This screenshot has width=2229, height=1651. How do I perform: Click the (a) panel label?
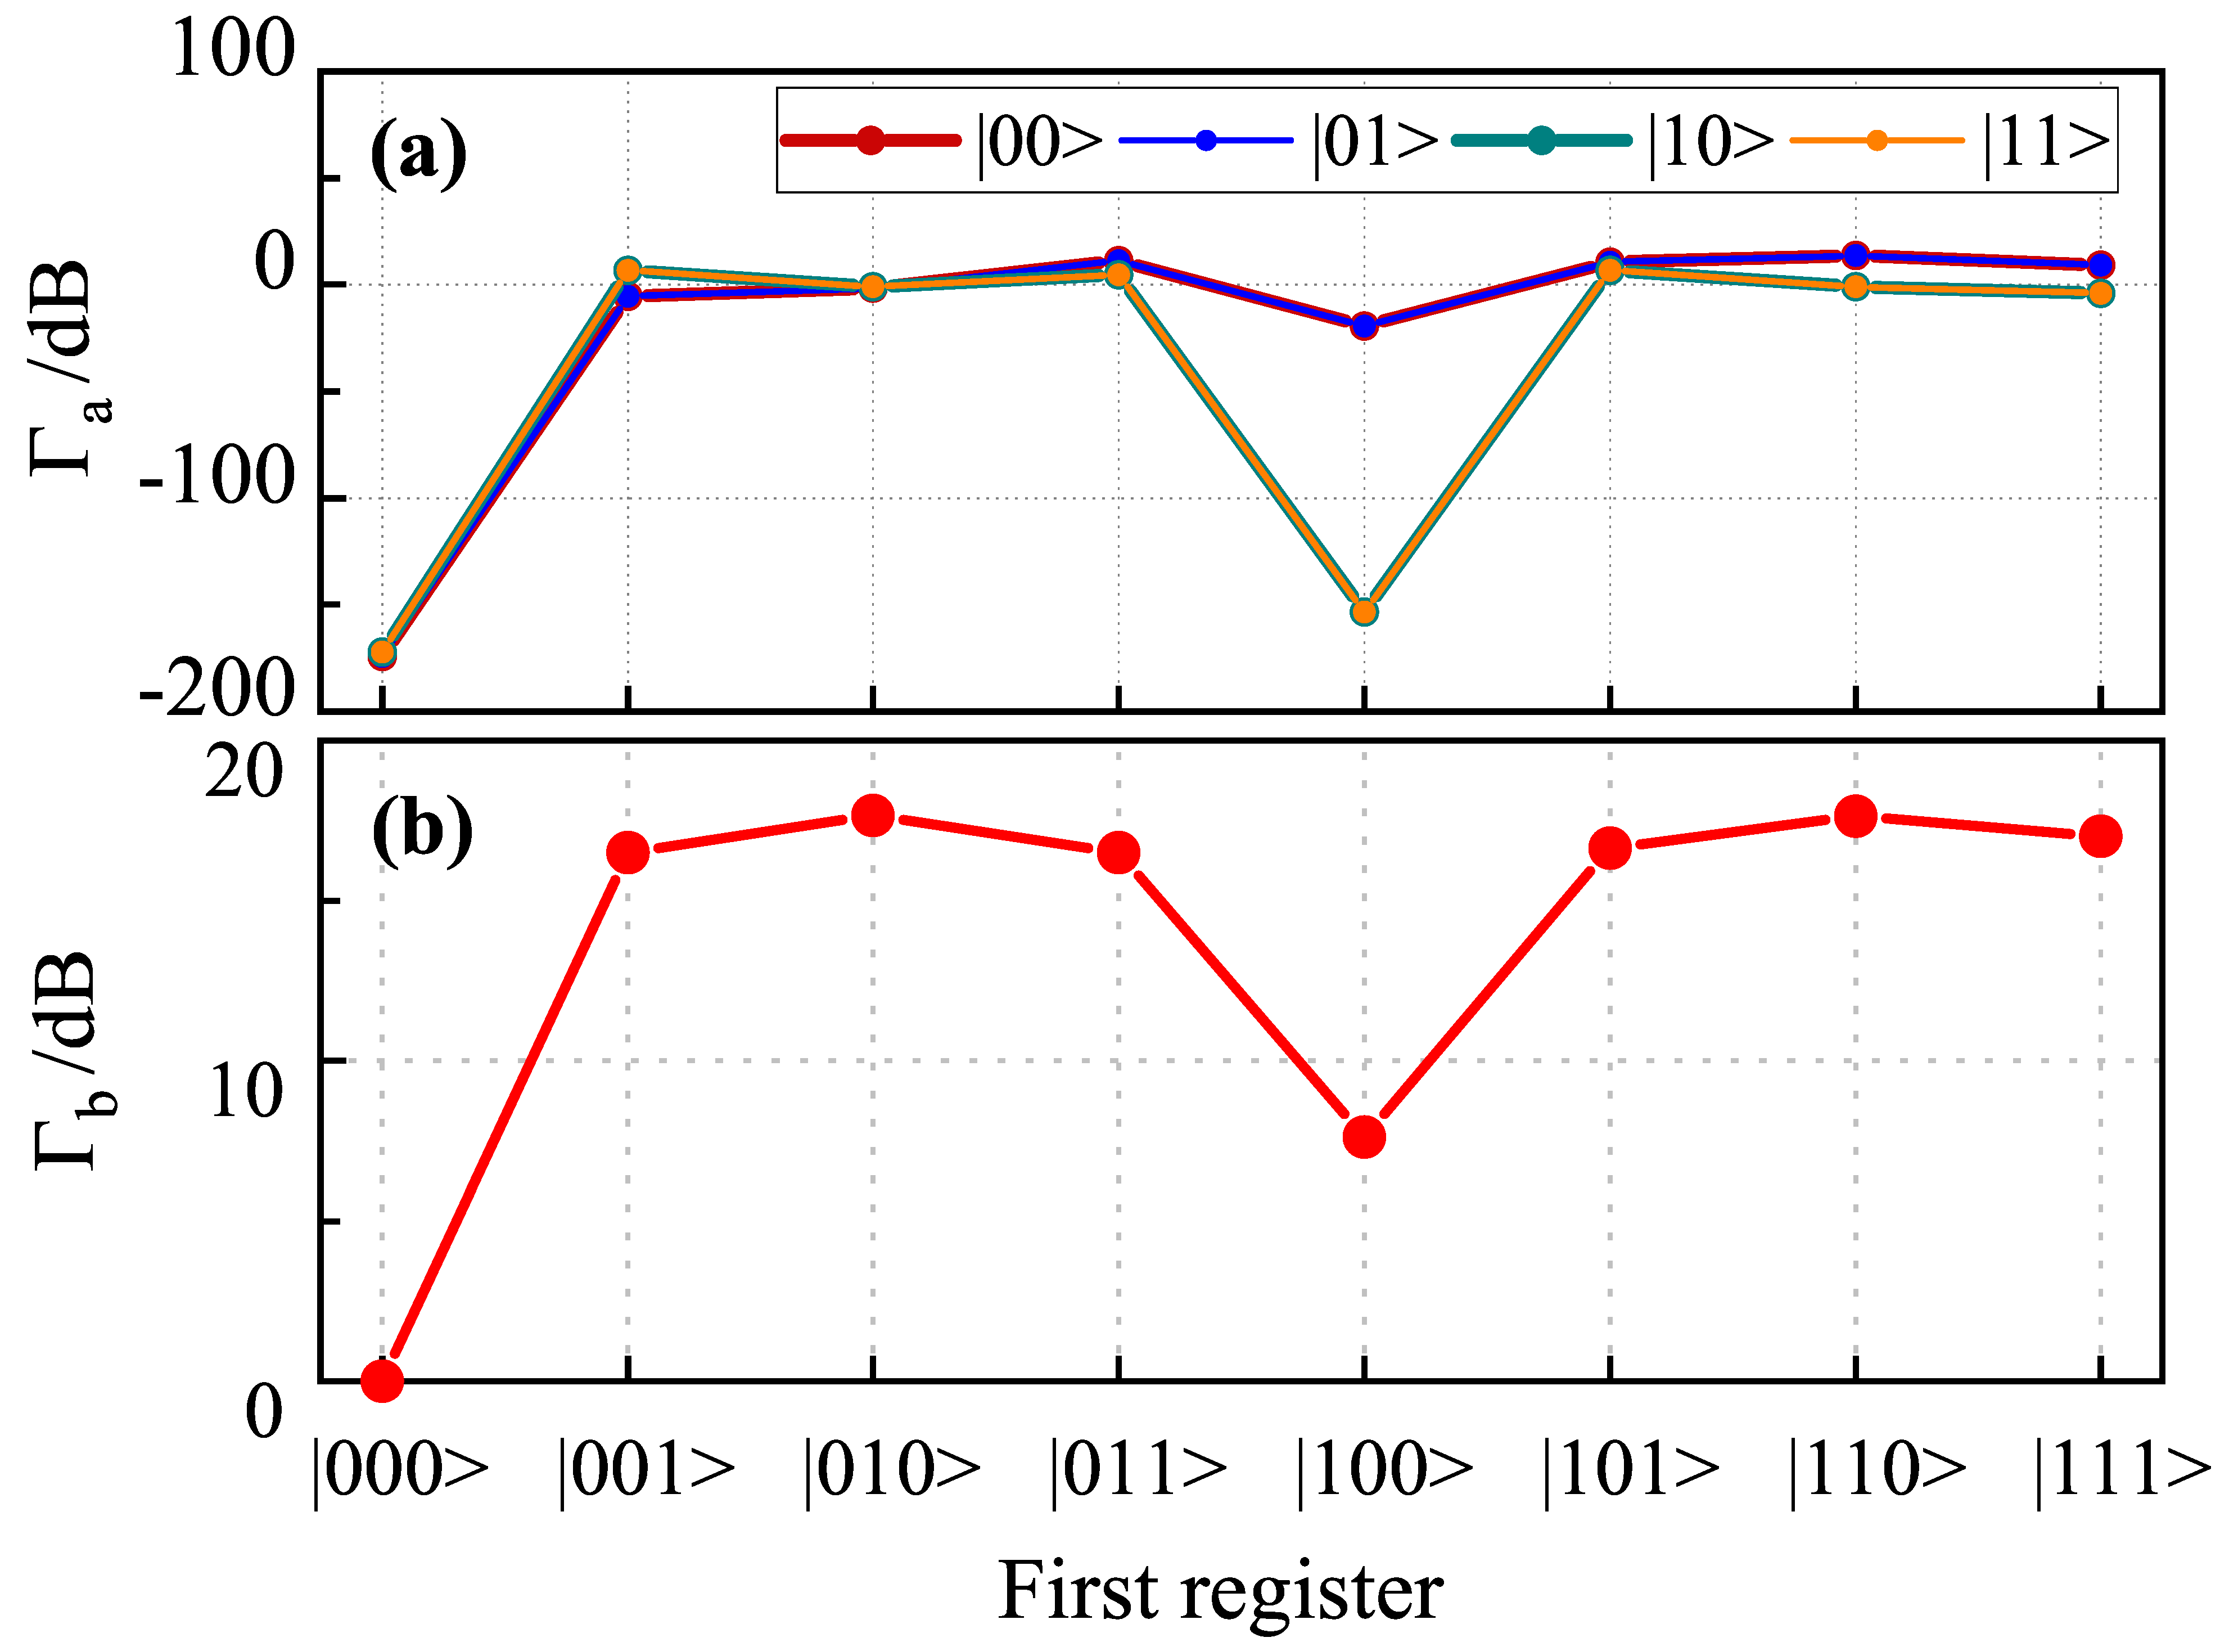[x=418, y=152]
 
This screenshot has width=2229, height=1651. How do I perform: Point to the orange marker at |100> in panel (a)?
[x=1364, y=611]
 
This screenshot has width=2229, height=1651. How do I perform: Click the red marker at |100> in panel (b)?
[x=1364, y=1136]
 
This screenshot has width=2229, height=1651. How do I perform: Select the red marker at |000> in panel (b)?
[x=382, y=1380]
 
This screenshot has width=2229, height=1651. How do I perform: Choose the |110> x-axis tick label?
[x=1876, y=1470]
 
